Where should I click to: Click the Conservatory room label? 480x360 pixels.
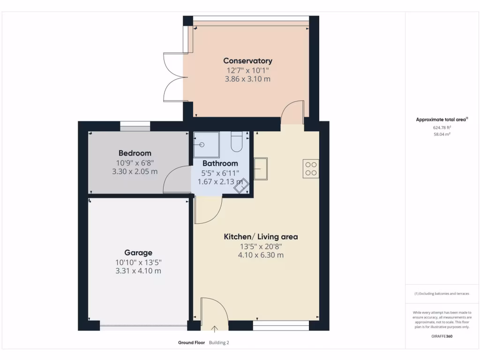click(x=247, y=60)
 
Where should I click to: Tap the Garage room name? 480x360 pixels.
click(x=138, y=253)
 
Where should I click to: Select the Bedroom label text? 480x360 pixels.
click(x=135, y=153)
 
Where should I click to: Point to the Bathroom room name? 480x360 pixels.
click(x=220, y=164)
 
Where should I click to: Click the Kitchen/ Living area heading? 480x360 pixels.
click(x=260, y=237)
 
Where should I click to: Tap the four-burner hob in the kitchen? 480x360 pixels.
click(x=311, y=168)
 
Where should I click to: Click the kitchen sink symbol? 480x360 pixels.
click(x=261, y=169)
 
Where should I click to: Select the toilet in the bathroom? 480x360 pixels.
click(x=236, y=142)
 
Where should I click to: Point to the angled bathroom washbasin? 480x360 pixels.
click(x=242, y=187)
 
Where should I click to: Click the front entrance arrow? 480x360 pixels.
click(x=215, y=329)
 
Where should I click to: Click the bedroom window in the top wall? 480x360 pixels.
click(x=135, y=126)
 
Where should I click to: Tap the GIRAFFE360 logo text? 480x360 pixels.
click(x=442, y=336)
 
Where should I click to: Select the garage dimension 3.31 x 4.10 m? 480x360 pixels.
click(x=138, y=271)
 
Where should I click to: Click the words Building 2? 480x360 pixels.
click(x=219, y=343)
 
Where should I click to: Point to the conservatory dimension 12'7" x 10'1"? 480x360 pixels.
click(x=247, y=70)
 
